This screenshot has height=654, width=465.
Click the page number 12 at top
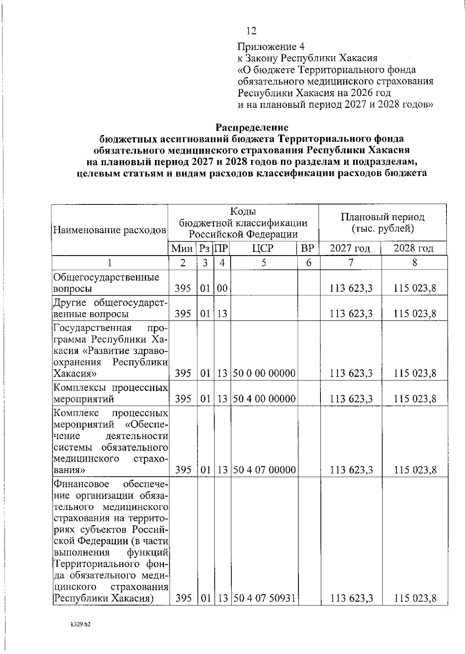click(251, 31)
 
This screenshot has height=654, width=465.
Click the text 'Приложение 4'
click(271, 47)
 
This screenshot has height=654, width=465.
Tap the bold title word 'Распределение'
click(252, 127)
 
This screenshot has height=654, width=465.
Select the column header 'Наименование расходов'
click(110, 230)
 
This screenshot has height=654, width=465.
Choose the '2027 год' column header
click(350, 248)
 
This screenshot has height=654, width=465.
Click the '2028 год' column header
click(413, 248)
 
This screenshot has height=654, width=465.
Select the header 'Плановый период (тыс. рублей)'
click(382, 223)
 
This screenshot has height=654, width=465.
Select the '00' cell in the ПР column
click(222, 288)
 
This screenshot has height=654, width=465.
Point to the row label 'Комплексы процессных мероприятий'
click(110, 393)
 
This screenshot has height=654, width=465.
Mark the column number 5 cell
click(263, 263)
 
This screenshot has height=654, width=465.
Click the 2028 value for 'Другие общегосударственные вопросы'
click(415, 313)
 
